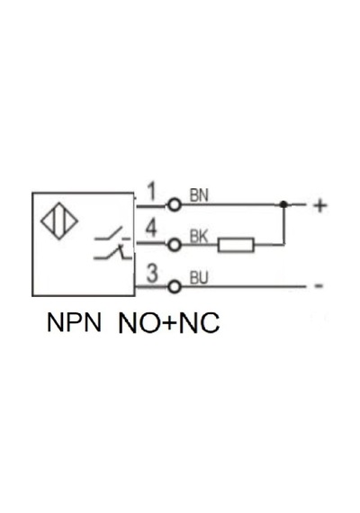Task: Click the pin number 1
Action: point(151,192)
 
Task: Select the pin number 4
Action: point(151,228)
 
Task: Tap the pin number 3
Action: point(152,274)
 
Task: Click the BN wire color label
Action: point(199,195)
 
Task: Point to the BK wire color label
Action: point(199,237)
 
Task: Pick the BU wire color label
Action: point(199,278)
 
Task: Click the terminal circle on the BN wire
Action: point(174,205)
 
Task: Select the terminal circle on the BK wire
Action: point(174,245)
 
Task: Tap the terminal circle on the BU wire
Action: point(174,287)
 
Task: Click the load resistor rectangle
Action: point(236,245)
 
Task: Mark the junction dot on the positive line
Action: point(283,204)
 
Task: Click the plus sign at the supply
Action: point(320,206)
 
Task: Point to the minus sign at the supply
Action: point(319,286)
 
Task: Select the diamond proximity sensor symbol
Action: point(59,220)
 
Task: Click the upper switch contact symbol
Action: point(112,234)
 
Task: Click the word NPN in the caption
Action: point(74,322)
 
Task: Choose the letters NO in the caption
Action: point(140,323)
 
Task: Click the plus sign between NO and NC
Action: point(170,323)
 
